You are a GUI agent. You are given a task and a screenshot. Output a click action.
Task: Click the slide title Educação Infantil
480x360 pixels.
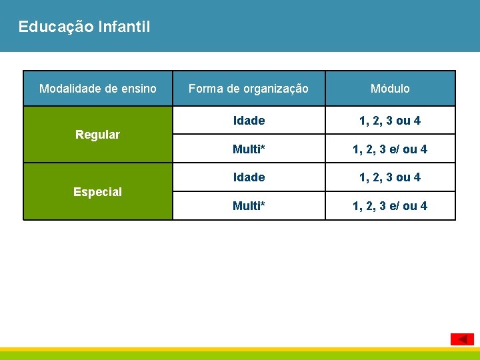[85, 27]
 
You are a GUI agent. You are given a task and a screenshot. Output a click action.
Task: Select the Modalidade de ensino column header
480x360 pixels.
[98, 88]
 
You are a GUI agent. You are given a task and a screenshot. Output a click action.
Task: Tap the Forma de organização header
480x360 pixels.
[249, 88]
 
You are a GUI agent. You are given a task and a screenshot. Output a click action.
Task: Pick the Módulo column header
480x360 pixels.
[390, 88]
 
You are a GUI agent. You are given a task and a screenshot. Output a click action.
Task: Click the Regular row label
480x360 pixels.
[97, 135]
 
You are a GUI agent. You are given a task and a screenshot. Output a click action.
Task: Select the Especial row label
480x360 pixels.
[97, 192]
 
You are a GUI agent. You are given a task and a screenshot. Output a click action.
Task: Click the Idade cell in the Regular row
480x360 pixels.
[249, 121]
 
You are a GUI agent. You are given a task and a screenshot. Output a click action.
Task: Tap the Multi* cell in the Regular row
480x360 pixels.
[249, 149]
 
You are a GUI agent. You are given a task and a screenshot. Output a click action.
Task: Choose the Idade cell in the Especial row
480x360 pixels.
[249, 177]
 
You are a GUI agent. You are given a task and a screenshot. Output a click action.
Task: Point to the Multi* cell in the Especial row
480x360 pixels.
[249, 206]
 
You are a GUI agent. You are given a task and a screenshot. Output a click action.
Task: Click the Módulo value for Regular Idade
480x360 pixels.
[390, 121]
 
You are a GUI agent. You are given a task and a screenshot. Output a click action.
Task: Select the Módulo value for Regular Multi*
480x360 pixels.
[390, 149]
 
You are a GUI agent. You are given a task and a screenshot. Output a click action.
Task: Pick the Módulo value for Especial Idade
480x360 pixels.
[390, 177]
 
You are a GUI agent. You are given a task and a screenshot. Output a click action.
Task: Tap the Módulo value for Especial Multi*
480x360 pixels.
[390, 206]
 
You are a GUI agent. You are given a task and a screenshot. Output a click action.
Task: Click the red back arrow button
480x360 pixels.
[462, 339]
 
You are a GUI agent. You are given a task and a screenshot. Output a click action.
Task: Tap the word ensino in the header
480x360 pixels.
[139, 88]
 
